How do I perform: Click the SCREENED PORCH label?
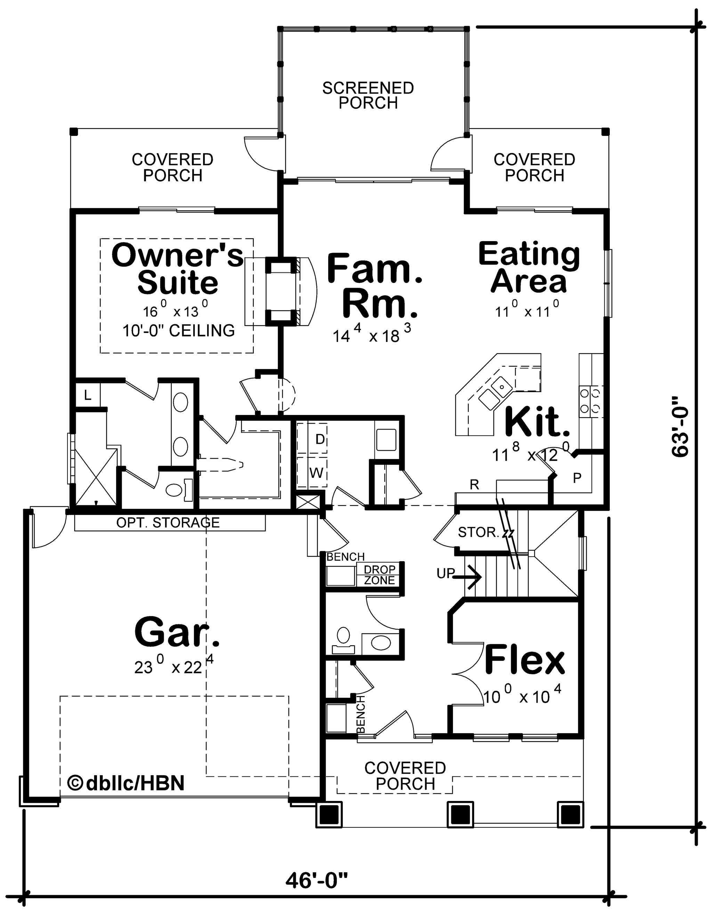click(x=368, y=96)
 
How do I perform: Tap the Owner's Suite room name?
click(x=177, y=269)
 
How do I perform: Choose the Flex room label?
click(x=525, y=661)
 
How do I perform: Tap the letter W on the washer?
click(x=316, y=473)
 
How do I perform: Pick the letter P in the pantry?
click(x=577, y=478)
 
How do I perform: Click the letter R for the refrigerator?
click(x=475, y=485)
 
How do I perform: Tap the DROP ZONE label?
click(x=380, y=575)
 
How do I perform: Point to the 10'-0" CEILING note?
click(x=179, y=330)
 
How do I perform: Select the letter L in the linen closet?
click(x=88, y=395)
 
